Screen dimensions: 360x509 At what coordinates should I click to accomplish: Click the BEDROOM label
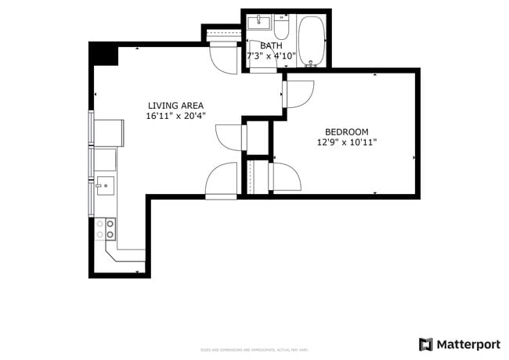tap(346, 132)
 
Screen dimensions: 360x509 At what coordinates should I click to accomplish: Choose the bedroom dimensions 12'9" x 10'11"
tap(346, 143)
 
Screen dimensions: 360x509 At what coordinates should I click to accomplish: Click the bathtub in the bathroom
tap(311, 39)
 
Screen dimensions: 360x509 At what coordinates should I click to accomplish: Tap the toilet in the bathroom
tap(282, 28)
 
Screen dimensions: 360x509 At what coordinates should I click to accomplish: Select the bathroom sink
tap(258, 23)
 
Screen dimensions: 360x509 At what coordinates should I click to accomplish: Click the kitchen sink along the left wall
tap(103, 185)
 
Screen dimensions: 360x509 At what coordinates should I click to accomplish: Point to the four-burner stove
tap(105, 229)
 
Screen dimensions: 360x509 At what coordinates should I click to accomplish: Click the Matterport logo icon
tap(425, 344)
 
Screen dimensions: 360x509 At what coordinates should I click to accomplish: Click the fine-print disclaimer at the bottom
tap(254, 350)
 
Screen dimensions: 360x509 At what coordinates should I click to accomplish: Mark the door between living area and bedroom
tap(298, 94)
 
